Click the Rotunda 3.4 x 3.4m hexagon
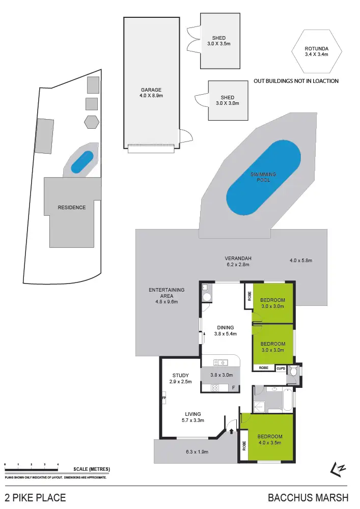(316, 51)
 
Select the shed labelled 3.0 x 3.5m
(219, 41)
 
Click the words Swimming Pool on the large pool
(263, 177)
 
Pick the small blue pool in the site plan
(82, 162)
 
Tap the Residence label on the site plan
(71, 208)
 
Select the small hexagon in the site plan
(92, 122)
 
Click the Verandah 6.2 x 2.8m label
(239, 262)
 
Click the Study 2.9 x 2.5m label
(180, 379)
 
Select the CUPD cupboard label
(281, 367)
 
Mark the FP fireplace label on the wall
(164, 398)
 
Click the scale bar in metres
(32, 465)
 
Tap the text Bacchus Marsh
(308, 497)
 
